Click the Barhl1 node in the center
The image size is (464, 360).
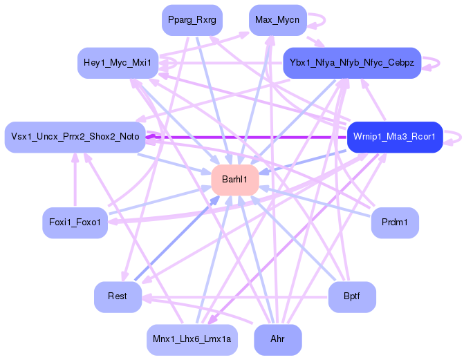[235, 180]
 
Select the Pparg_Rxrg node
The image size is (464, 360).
[192, 20]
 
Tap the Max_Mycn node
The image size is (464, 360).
[277, 20]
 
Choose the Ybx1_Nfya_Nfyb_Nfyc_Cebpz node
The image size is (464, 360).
[352, 63]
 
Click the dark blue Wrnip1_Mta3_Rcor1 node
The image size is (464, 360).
[394, 137]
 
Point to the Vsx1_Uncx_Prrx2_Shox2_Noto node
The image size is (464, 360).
[75, 137]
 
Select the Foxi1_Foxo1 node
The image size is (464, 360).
[75, 222]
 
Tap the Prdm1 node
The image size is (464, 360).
[395, 222]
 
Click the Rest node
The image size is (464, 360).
[118, 296]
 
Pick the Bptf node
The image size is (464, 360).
[352, 296]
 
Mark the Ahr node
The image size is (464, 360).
[277, 339]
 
